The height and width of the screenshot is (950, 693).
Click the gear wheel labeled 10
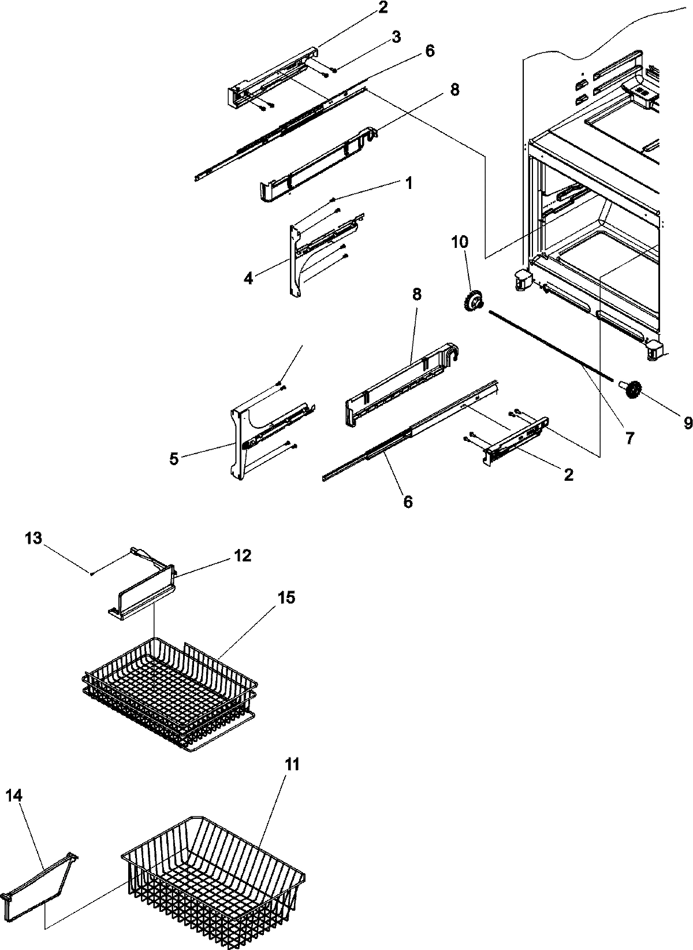pyautogui.click(x=473, y=302)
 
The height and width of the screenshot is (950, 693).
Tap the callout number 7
pyautogui.click(x=629, y=438)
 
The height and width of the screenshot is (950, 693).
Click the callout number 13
pyautogui.click(x=33, y=538)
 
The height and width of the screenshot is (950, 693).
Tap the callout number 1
pyautogui.click(x=408, y=184)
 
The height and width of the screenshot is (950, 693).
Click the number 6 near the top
pyautogui.click(x=429, y=51)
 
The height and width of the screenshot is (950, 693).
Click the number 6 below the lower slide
pyautogui.click(x=408, y=502)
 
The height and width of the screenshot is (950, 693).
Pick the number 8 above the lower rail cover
pyautogui.click(x=416, y=294)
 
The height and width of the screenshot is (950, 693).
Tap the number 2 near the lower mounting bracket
pyautogui.click(x=568, y=474)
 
